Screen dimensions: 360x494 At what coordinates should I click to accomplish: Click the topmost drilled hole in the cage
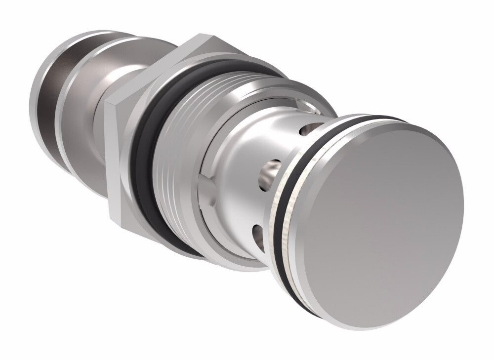tap(307, 130)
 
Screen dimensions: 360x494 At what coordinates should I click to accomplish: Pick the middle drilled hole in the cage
tap(270, 171)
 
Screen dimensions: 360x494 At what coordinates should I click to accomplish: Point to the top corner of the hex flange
tap(200, 37)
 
